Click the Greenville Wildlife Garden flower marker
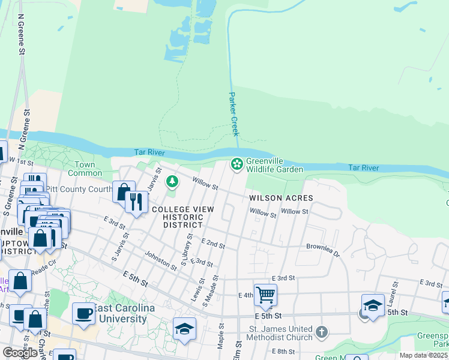237,163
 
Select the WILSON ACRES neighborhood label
282,197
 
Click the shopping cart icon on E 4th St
265,295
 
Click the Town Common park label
85,169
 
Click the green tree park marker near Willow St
172,181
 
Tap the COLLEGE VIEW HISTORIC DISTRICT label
177,217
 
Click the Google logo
20,353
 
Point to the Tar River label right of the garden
364,168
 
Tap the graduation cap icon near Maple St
184,328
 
